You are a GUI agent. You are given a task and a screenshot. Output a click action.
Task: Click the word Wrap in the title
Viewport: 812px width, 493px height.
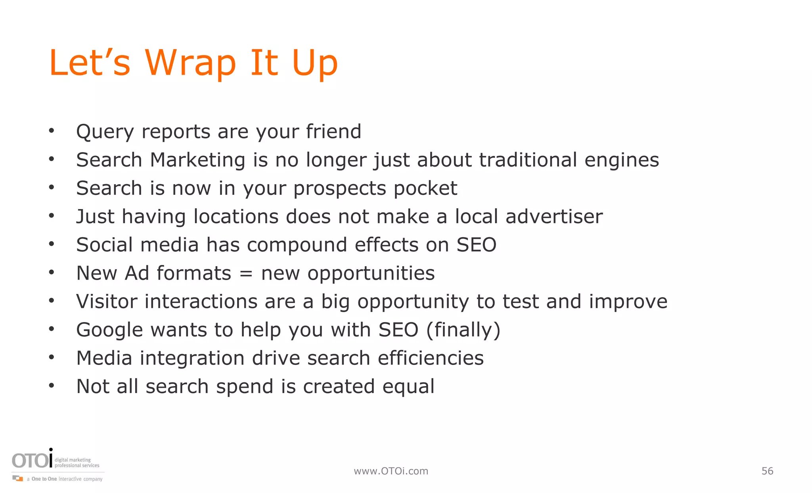click(x=190, y=63)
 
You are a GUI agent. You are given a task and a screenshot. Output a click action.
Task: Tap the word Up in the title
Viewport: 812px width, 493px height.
click(x=314, y=63)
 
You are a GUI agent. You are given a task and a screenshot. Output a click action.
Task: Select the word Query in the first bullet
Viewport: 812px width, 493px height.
click(x=105, y=132)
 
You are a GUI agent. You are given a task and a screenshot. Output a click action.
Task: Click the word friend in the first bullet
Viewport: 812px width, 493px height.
click(x=333, y=132)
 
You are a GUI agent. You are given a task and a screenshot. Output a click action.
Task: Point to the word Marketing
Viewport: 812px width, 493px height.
click(x=197, y=161)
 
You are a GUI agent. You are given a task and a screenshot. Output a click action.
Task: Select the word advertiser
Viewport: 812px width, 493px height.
click(x=554, y=217)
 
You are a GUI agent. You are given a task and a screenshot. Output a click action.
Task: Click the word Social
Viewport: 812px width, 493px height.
click(x=105, y=245)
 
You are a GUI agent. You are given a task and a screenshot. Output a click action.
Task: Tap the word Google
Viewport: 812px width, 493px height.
click(x=109, y=330)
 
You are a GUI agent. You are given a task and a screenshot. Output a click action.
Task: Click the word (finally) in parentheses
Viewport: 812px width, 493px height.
click(x=463, y=330)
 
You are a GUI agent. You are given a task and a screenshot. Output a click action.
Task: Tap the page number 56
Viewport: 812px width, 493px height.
click(x=767, y=471)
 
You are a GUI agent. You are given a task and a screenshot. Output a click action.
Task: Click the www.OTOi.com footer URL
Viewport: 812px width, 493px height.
click(x=391, y=471)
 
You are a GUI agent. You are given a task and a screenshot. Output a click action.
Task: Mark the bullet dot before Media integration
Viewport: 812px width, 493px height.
click(x=51, y=358)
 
